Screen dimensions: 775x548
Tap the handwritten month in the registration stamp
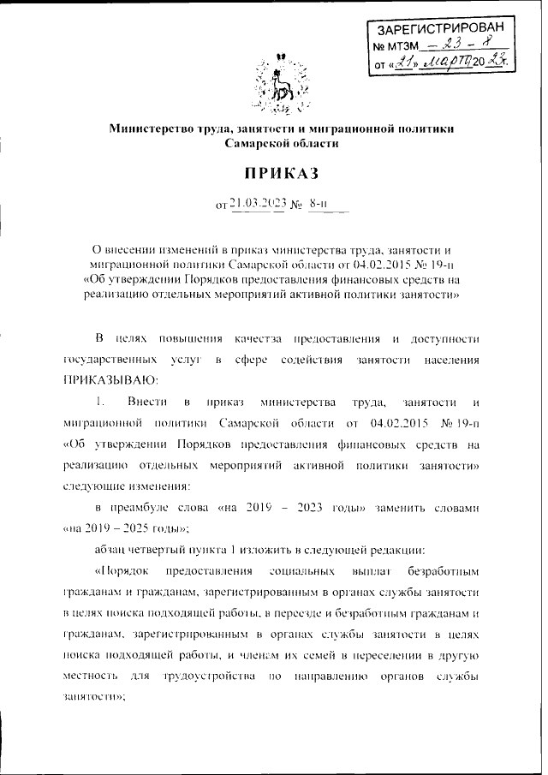[446, 61]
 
